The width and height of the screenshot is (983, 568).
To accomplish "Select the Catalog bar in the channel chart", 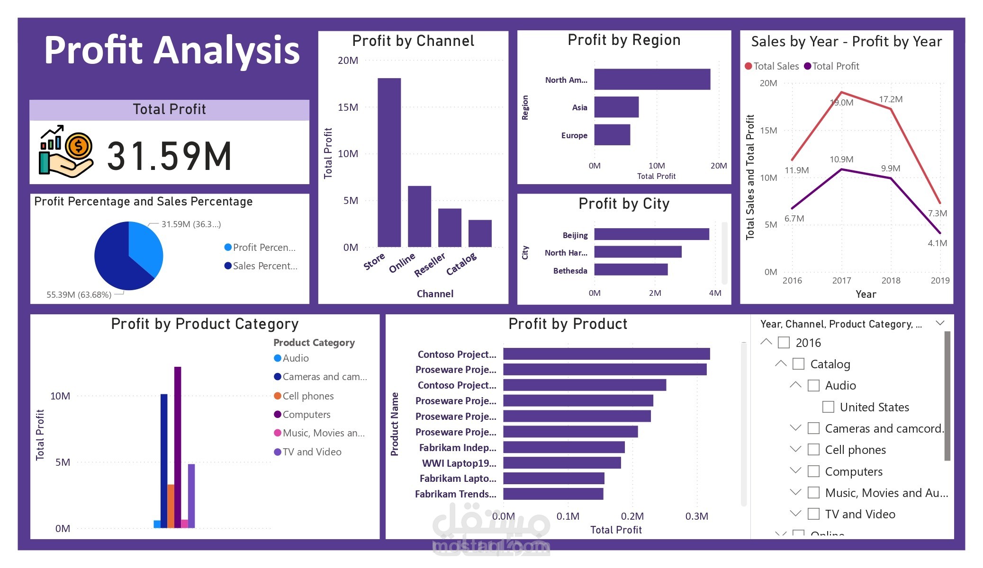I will (480, 233).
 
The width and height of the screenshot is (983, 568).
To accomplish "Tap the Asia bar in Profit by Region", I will (616, 107).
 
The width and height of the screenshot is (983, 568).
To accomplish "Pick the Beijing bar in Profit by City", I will (651, 234).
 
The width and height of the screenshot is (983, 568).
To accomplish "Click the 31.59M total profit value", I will (169, 156).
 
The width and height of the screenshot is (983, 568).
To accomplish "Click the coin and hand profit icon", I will (66, 151).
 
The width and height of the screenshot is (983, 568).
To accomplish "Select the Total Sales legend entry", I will (772, 66).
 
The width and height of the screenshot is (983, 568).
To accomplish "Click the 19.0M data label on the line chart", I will (841, 103).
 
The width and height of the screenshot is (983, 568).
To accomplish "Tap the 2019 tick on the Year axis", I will (939, 281).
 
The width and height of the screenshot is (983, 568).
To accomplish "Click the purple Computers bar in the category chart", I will (178, 447).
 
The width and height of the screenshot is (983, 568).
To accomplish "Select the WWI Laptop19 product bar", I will (562, 463).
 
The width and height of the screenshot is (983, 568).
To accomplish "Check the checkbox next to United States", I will (828, 407).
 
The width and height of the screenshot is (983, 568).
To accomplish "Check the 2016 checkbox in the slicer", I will (784, 343).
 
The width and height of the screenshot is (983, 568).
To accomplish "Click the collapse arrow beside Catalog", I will (781, 364).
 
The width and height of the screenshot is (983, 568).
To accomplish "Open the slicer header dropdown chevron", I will (940, 323).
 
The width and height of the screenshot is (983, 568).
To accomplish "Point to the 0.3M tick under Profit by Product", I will (696, 516).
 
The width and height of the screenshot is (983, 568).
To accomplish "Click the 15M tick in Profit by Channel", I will (348, 107).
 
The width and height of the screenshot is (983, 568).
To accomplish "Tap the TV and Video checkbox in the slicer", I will (813, 514).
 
